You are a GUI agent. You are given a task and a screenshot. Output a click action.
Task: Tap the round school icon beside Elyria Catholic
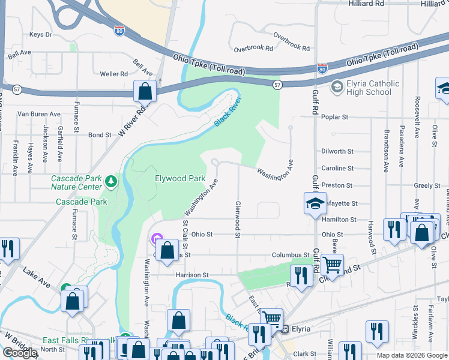336,88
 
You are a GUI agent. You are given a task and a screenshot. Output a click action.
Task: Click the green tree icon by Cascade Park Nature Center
110,181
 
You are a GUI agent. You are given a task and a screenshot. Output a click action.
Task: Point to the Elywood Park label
180,179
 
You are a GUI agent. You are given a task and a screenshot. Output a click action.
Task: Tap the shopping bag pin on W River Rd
145,92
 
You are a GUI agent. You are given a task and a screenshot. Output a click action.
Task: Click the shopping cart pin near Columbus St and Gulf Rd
331,264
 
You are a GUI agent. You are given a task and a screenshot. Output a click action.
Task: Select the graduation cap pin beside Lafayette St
315,204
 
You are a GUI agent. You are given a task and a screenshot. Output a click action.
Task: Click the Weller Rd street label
114,74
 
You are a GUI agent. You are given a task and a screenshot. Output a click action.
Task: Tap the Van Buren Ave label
39,114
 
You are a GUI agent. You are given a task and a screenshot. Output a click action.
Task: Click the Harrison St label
191,275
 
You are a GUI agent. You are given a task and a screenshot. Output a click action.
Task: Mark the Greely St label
427,186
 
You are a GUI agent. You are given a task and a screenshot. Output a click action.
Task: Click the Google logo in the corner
20,353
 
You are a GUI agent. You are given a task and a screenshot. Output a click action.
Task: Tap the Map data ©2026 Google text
411,355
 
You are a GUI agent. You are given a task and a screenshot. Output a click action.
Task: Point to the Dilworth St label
337,152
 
